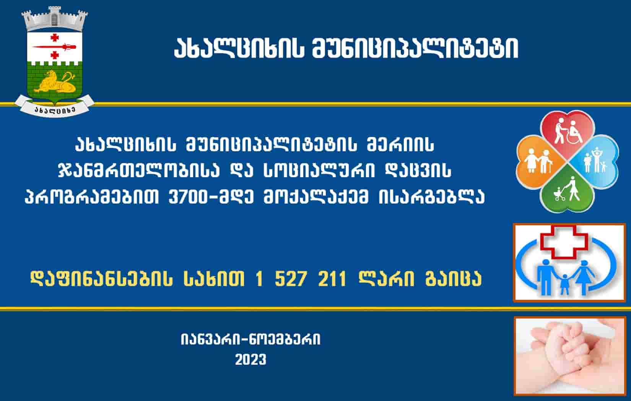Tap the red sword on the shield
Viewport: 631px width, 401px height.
[54, 47]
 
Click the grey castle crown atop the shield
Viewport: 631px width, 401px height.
[55, 19]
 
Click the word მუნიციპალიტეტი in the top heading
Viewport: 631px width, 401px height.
[415, 49]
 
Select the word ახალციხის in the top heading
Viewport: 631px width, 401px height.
[239, 49]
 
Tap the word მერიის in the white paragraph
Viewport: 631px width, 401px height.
[400, 145]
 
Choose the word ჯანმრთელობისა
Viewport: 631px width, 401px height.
[138, 171]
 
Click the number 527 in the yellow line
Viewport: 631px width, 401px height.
[290, 279]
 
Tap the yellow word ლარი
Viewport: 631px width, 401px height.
[386, 279]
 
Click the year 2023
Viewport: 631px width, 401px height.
[250, 360]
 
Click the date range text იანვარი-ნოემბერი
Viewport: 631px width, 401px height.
[250, 340]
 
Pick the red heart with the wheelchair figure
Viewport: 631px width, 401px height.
[568, 132]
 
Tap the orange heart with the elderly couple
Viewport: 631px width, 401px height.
[540, 162]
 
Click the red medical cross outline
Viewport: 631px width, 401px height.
[564, 242]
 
